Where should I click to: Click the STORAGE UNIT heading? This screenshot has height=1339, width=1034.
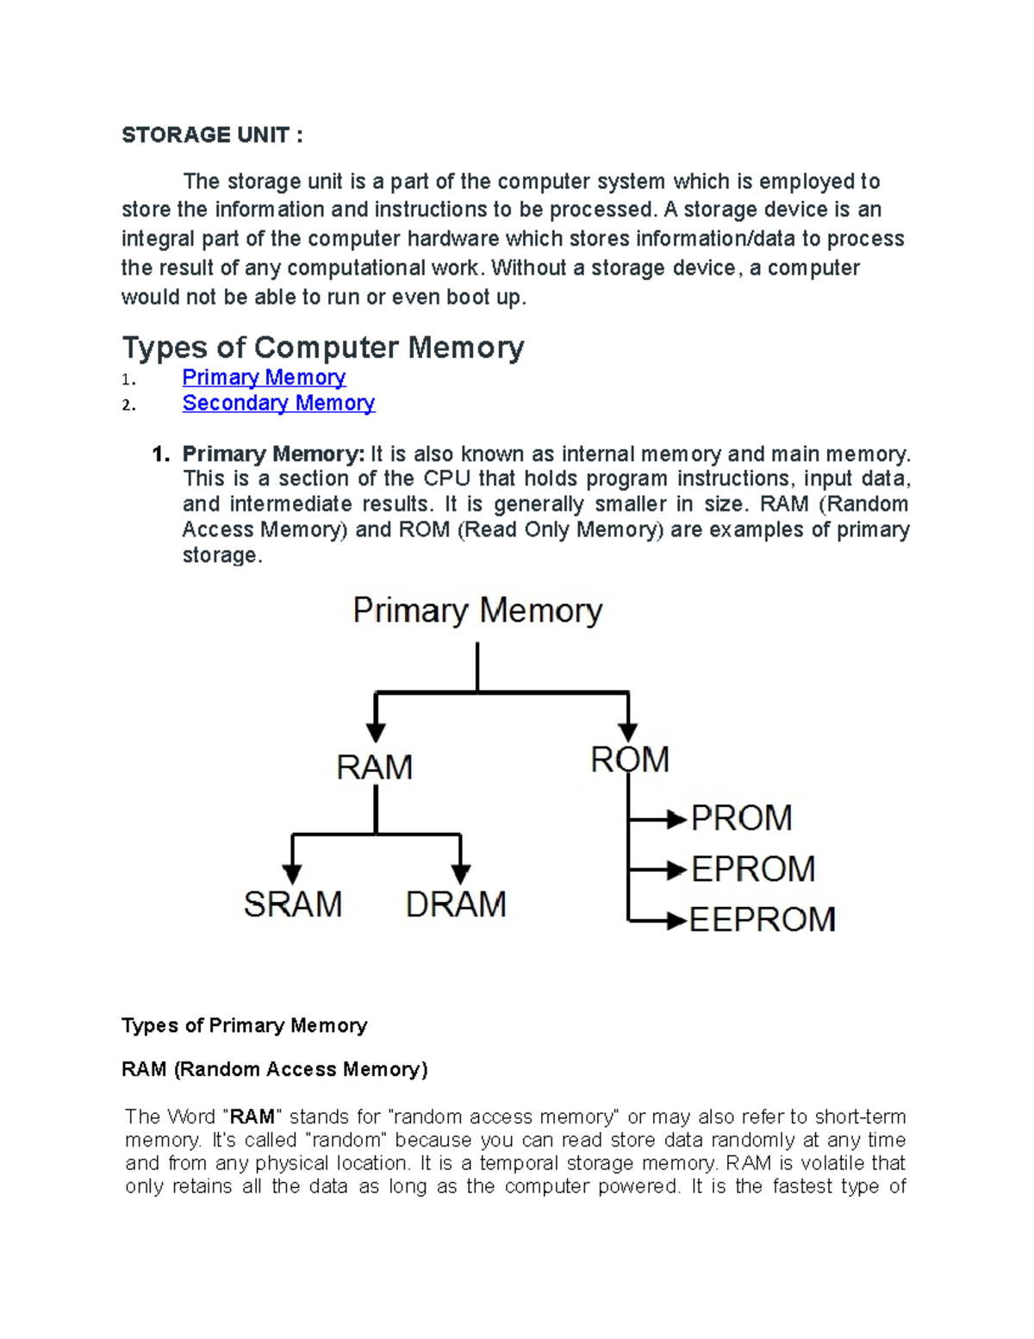pyautogui.click(x=212, y=135)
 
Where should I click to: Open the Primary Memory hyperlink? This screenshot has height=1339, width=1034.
pyautogui.click(x=264, y=378)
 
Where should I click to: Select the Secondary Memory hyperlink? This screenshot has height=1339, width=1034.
pyautogui.click(x=278, y=404)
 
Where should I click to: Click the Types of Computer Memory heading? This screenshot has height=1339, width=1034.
pyautogui.click(x=323, y=347)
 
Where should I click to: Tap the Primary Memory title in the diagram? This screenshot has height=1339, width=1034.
pyautogui.click(x=477, y=611)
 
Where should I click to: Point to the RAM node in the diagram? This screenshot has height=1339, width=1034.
pyautogui.click(x=375, y=767)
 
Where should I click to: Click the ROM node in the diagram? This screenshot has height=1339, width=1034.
pyautogui.click(x=630, y=760)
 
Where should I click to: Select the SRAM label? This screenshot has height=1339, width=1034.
pyautogui.click(x=293, y=904)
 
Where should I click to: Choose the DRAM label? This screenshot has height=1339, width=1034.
pyautogui.click(x=456, y=904)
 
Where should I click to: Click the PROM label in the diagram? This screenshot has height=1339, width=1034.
pyautogui.click(x=742, y=818)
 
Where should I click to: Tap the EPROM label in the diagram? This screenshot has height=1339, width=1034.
pyautogui.click(x=753, y=869)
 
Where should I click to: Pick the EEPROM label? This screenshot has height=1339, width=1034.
pyautogui.click(x=763, y=920)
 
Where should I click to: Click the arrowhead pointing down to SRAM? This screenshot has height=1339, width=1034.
pyautogui.click(x=293, y=872)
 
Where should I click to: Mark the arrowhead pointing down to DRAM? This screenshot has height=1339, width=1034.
pyautogui.click(x=461, y=872)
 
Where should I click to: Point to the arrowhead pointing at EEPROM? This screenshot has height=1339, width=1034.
pyautogui.click(x=676, y=920)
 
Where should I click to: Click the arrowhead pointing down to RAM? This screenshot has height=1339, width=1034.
pyautogui.click(x=376, y=731)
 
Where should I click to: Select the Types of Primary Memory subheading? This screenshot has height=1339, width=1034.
pyautogui.click(x=245, y=1025)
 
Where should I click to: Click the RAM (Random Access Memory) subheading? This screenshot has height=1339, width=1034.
pyautogui.click(x=275, y=1070)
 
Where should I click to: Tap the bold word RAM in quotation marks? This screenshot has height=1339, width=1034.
pyautogui.click(x=252, y=1117)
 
